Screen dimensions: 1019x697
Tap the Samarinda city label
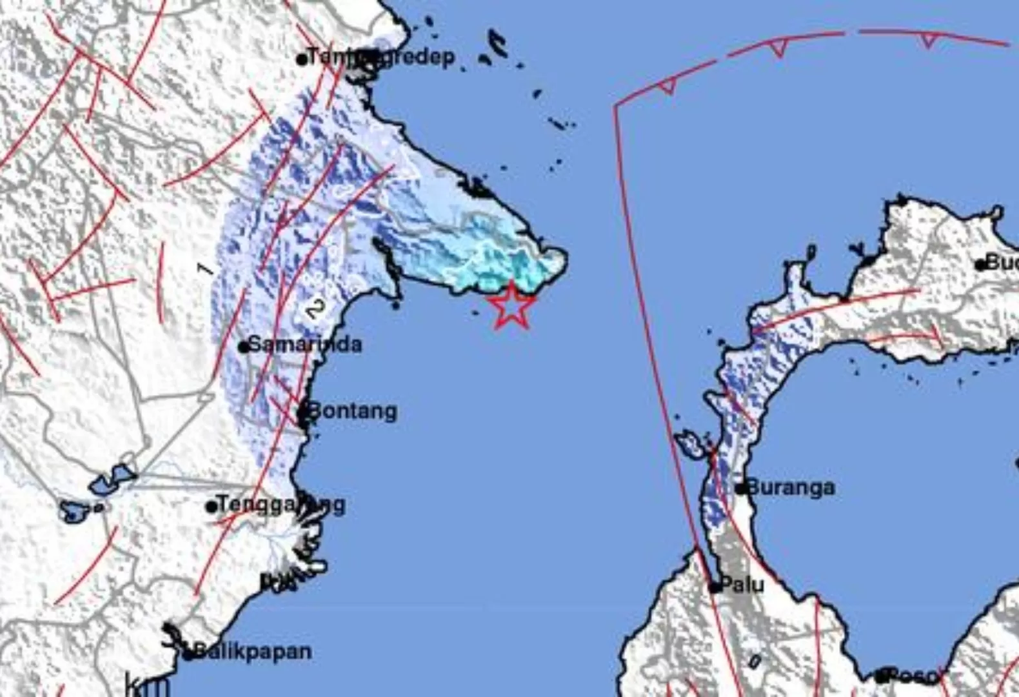[x=305, y=345]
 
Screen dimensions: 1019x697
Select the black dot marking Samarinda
[x=244, y=347]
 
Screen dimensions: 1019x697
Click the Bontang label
[x=353, y=411]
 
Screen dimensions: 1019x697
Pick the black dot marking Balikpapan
[x=188, y=655]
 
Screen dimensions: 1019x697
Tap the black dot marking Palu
[x=714, y=587]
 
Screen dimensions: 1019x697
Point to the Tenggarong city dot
[x=212, y=507]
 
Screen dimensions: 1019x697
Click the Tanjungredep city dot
[x=302, y=59]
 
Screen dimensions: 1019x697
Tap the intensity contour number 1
[x=205, y=268]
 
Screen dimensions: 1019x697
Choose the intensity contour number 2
[x=314, y=309]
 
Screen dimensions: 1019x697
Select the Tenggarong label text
[x=281, y=504]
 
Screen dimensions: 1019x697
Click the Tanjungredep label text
[x=381, y=57]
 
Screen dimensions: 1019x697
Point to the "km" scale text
[x=148, y=685]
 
